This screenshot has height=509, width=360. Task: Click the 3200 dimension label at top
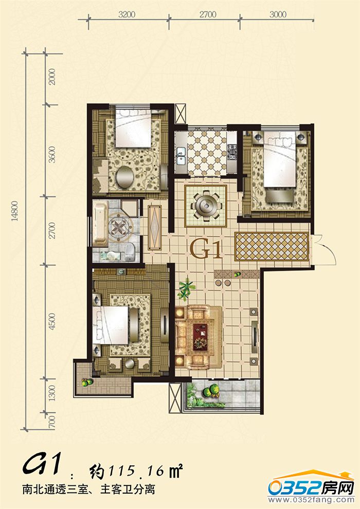127,14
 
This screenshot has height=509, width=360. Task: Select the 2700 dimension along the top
208,14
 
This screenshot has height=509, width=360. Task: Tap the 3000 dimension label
278,14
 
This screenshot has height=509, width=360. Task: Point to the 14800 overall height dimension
14,211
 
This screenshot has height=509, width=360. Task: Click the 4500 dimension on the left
52,321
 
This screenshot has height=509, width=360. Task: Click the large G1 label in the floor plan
205,248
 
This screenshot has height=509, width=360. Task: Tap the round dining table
206,205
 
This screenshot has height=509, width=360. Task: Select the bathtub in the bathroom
100,224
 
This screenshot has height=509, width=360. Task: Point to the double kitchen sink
181,156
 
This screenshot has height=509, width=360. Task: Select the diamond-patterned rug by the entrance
272,246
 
